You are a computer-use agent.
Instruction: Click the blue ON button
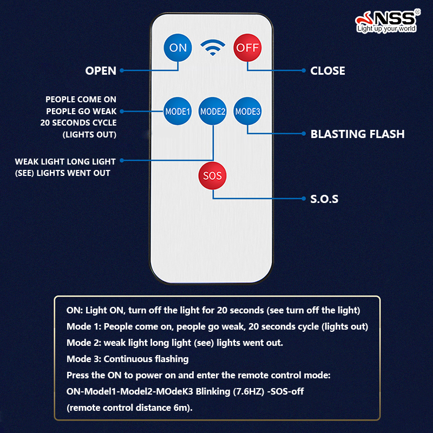click(x=178, y=48)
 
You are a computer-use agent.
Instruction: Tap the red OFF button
click(x=247, y=48)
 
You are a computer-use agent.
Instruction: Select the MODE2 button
click(x=213, y=111)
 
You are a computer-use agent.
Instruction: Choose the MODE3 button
click(x=247, y=111)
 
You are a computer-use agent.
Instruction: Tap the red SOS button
click(x=213, y=175)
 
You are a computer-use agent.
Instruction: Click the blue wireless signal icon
click(x=213, y=48)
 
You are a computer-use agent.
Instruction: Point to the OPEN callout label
click(x=101, y=71)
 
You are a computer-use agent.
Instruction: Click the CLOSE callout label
click(x=327, y=71)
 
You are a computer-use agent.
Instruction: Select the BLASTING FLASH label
click(x=357, y=134)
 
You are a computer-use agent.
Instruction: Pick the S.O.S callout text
click(x=324, y=199)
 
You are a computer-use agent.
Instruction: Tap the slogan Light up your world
click(x=386, y=29)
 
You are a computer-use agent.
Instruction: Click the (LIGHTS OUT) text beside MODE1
click(x=89, y=134)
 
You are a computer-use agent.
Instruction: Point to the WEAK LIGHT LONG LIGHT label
click(x=65, y=161)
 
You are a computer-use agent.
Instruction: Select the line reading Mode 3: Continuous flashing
click(x=128, y=359)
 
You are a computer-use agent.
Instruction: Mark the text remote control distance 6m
click(x=129, y=408)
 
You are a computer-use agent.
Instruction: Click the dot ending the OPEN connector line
click(x=122, y=70)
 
